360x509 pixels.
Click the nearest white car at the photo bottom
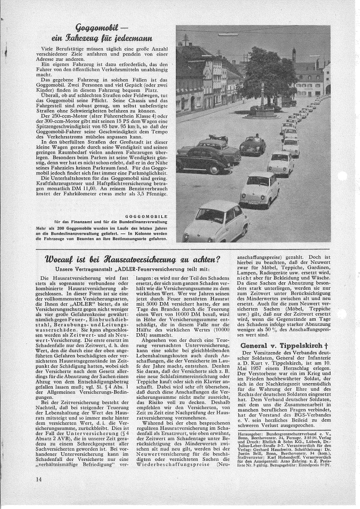click(x=209, y=222)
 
